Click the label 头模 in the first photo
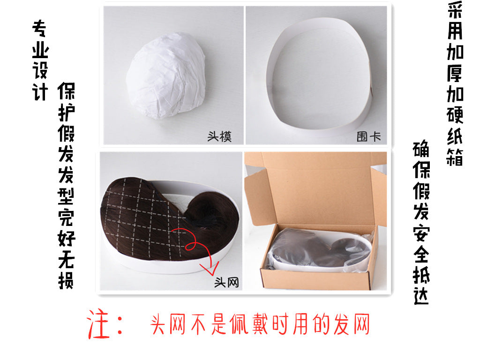(219, 136)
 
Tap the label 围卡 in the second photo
(368, 136)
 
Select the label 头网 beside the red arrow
(226, 282)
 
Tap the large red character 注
(99, 324)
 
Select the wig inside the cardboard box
(305, 248)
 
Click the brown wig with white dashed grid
(141, 216)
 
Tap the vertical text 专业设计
(40, 61)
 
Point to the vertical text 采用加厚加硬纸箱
(454, 84)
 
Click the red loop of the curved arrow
(191, 243)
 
